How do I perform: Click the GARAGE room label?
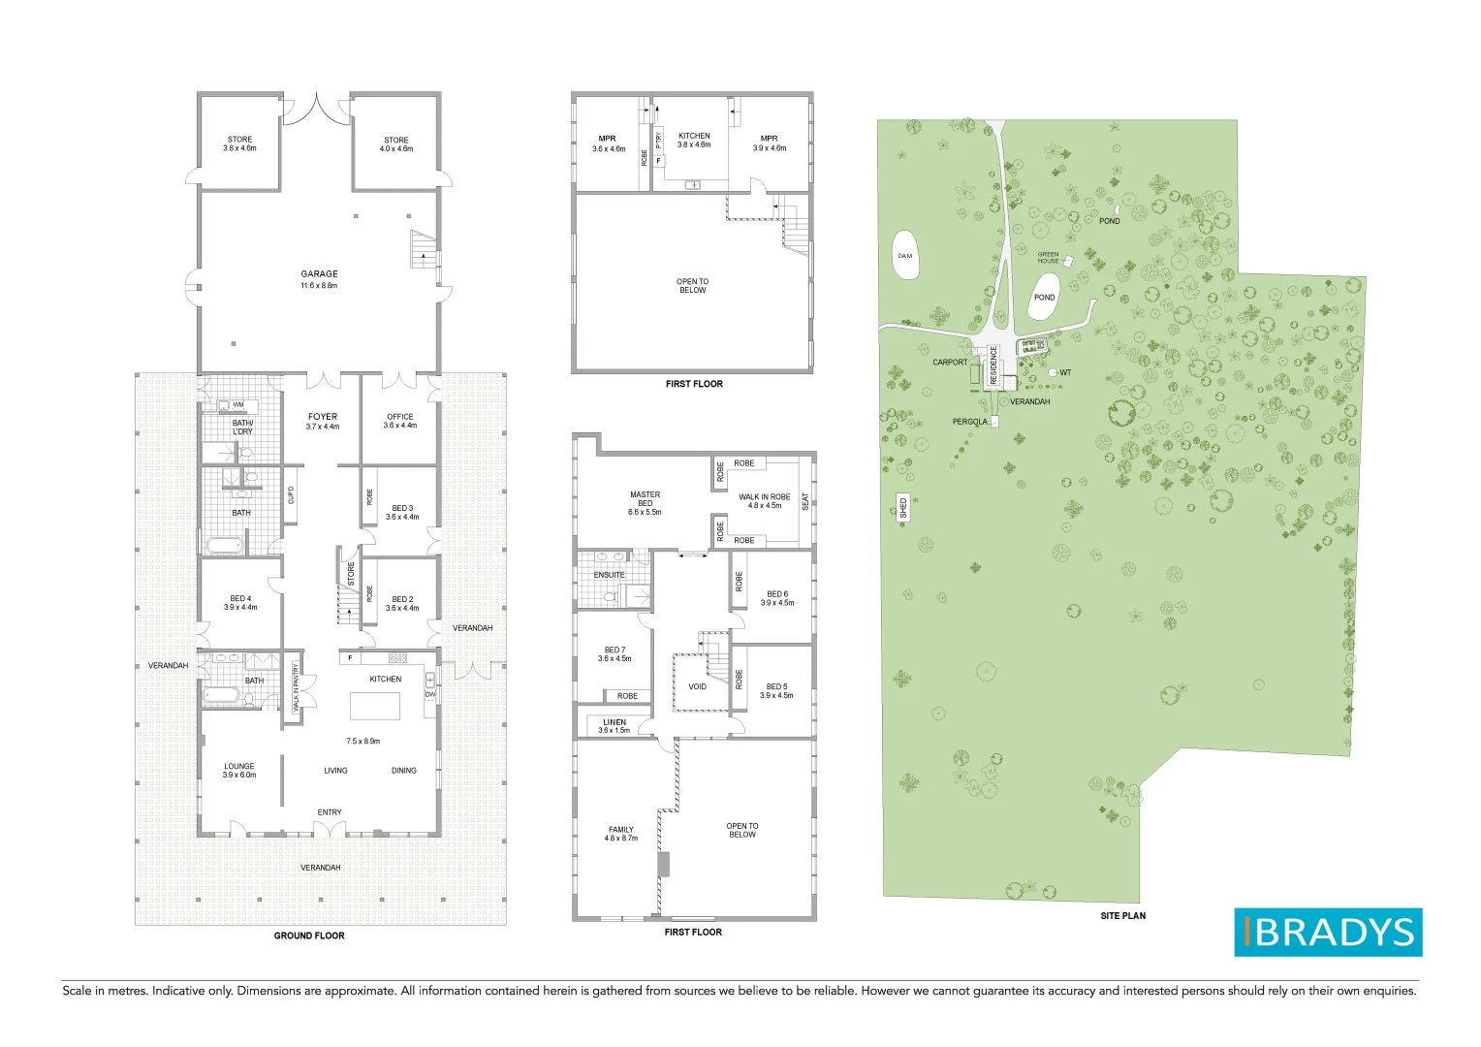[x=319, y=274]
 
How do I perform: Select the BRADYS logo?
[x=1327, y=932]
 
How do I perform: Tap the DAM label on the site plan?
[x=904, y=256]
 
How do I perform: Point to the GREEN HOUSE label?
[x=1048, y=258]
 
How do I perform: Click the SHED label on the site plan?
[x=903, y=507]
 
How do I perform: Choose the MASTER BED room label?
[x=645, y=499]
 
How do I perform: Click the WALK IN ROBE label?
[x=765, y=497]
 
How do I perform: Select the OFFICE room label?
[x=400, y=417]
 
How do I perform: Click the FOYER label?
[x=323, y=417]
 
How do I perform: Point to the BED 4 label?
[x=240, y=599]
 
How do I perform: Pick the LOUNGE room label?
[x=239, y=767]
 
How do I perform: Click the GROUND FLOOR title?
[x=309, y=936]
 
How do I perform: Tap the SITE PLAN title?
[x=1122, y=915]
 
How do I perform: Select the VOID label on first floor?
[x=697, y=686]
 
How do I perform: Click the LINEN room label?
[x=614, y=722]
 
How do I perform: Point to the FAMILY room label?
[x=621, y=830]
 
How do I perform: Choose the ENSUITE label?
[x=609, y=575]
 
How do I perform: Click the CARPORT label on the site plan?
[x=950, y=363]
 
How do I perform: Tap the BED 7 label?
[x=614, y=650]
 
